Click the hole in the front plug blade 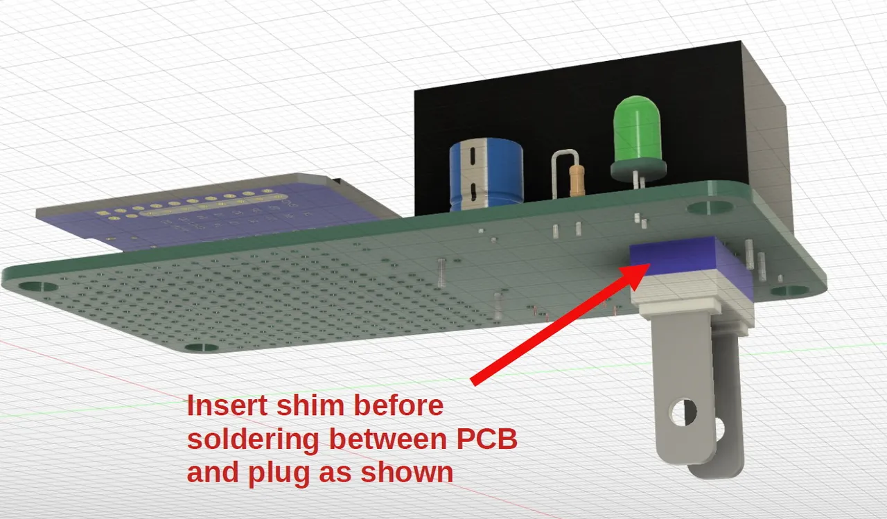point(683,412)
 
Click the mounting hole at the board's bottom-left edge point(201,346)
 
